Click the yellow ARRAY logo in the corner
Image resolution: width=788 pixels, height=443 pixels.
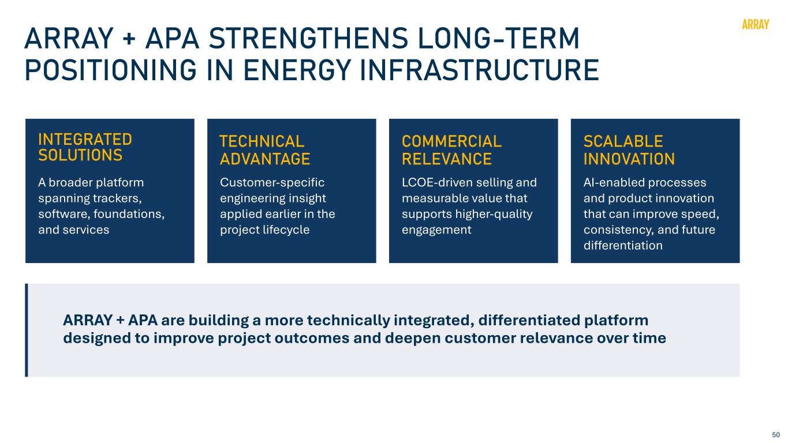click(755, 24)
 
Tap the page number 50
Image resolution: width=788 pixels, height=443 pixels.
click(776, 434)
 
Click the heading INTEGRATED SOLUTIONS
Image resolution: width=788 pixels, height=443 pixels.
click(85, 147)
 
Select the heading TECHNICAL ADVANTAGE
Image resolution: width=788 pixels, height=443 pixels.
click(265, 150)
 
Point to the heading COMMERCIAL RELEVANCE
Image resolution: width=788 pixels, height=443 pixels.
click(451, 150)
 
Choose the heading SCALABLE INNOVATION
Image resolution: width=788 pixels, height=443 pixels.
click(629, 150)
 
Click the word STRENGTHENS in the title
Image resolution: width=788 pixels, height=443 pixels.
click(308, 38)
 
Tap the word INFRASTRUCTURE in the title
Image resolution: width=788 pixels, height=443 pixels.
click(479, 70)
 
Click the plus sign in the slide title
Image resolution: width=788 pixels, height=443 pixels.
click(129, 39)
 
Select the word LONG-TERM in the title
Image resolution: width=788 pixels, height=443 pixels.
click(498, 38)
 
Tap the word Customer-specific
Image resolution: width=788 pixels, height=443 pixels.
click(272, 183)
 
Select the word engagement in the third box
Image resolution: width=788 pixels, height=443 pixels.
click(436, 230)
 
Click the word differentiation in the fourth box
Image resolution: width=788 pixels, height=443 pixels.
click(623, 245)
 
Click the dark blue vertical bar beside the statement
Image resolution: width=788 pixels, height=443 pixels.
click(27, 330)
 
